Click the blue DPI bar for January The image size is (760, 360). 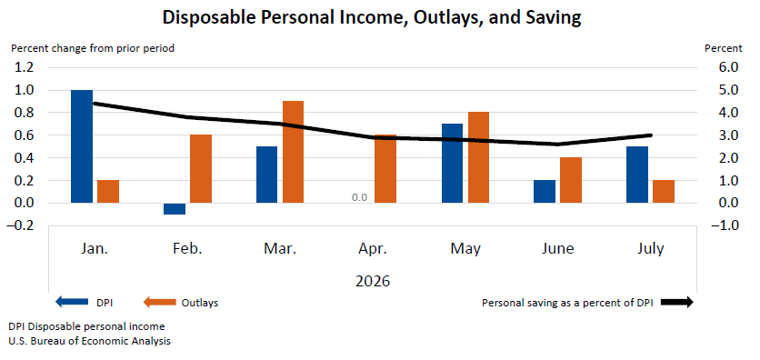tap(82, 146)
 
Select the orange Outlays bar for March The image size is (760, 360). tap(293, 152)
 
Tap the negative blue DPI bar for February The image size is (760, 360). tap(175, 208)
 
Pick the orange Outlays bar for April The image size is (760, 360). tap(385, 168)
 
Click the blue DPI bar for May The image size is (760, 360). tap(452, 164)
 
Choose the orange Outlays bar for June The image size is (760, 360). tap(571, 180)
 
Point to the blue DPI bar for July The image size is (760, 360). tap(637, 175)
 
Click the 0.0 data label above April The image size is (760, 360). tap(360, 197)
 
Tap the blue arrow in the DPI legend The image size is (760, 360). tap(72, 303)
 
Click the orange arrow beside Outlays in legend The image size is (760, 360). tap(159, 303)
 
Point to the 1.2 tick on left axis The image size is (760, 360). tap(24, 67)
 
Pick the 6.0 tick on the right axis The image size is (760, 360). tap(728, 67)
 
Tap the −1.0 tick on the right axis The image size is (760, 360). tap(725, 225)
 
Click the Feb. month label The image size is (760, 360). tap(187, 249)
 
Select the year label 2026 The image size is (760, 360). tap(372, 281)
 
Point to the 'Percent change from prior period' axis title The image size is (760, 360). tap(93, 48)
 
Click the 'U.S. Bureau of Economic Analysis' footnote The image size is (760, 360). tap(89, 341)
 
